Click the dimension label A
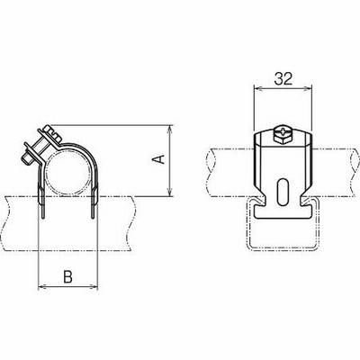pyautogui.click(x=161, y=159)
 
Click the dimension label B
pyautogui.click(x=68, y=276)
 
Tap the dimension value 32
pyautogui.click(x=283, y=79)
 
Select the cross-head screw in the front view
pyautogui.click(x=283, y=131)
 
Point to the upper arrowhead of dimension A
pyautogui.click(x=170, y=129)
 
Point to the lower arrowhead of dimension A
pyautogui.click(x=170, y=193)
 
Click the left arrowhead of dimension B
pyautogui.click(x=43, y=287)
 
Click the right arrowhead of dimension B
pyautogui.click(x=94, y=287)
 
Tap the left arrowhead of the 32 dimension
pyautogui.click(x=258, y=88)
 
